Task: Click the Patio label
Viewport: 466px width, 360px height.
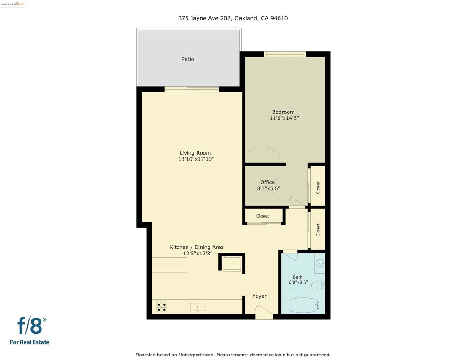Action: pyautogui.click(x=187, y=59)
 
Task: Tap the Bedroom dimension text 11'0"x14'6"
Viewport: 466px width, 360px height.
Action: pyautogui.click(x=284, y=118)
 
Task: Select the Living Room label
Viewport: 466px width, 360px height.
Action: pyautogui.click(x=195, y=153)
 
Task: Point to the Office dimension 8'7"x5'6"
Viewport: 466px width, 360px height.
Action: pyautogui.click(x=268, y=188)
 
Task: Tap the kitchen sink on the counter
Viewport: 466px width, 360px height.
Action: pyautogui.click(x=198, y=307)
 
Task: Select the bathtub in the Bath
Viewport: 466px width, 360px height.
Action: pyautogui.click(x=304, y=305)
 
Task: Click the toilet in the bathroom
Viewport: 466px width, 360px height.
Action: pyautogui.click(x=318, y=286)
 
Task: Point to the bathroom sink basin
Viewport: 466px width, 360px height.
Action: pyautogui.click(x=320, y=263)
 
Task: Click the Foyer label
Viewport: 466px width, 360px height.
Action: pyautogui.click(x=259, y=296)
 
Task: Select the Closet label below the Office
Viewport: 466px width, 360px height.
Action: pyautogui.click(x=263, y=216)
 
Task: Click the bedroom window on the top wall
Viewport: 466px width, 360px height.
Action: pyautogui.click(x=285, y=54)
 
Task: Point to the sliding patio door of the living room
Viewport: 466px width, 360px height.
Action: pyautogui.click(x=192, y=89)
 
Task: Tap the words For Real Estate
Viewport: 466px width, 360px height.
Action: pyautogui.click(x=30, y=342)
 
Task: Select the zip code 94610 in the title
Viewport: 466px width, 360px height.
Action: pyautogui.click(x=279, y=18)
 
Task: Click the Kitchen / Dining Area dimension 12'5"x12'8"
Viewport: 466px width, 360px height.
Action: pyautogui.click(x=198, y=254)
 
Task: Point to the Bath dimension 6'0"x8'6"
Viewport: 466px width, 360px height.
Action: pyautogui.click(x=298, y=282)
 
